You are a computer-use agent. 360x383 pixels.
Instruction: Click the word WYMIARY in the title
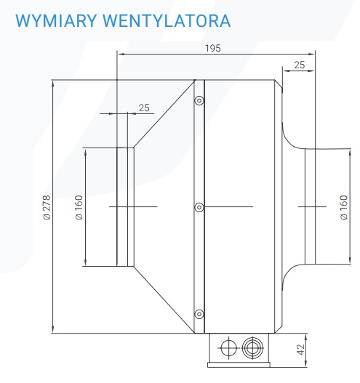(56, 21)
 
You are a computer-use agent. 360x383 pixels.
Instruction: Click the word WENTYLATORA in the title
(167, 21)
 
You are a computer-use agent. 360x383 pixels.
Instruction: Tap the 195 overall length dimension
(212, 48)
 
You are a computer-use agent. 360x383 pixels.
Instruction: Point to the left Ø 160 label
(79, 207)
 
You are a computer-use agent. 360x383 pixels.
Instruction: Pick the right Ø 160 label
(343, 207)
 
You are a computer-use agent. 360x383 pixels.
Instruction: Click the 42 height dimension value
(301, 350)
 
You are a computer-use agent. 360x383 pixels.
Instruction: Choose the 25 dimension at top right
(300, 65)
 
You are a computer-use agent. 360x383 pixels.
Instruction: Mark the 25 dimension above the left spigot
(144, 108)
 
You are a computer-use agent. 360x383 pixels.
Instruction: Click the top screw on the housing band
(199, 100)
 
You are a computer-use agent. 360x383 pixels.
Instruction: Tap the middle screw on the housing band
(199, 207)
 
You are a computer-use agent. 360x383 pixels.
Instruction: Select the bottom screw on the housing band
(199, 314)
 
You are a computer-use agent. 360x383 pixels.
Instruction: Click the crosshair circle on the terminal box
(228, 348)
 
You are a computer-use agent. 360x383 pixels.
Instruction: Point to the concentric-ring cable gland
(252, 348)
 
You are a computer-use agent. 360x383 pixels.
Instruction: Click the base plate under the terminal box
(239, 365)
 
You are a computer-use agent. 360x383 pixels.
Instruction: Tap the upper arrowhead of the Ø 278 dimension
(53, 84)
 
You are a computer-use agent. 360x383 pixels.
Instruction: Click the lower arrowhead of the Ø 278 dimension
(53, 330)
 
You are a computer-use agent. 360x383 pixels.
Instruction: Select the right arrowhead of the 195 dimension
(311, 54)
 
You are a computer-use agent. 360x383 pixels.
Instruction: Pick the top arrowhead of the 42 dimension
(305, 337)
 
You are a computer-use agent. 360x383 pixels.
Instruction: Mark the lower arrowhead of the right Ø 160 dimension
(351, 260)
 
